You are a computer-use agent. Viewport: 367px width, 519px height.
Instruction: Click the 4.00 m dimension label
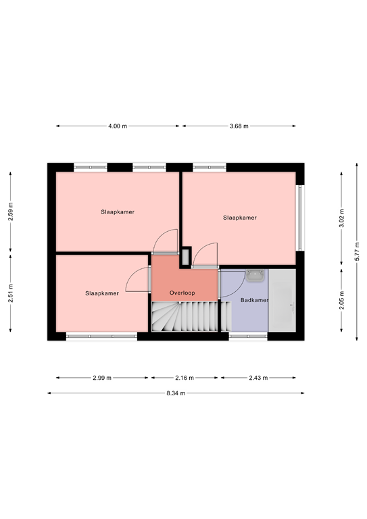[x=118, y=126]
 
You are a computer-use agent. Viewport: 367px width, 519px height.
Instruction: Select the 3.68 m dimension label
[x=239, y=126]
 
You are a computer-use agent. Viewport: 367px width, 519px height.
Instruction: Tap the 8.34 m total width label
[x=176, y=393]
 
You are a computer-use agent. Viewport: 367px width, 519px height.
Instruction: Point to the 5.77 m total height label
[x=357, y=251]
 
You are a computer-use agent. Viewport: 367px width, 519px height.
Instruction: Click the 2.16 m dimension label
[x=185, y=378]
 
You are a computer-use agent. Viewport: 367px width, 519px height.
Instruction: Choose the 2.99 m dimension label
[x=102, y=378]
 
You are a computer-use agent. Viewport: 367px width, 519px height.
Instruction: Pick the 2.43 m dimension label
[x=258, y=378]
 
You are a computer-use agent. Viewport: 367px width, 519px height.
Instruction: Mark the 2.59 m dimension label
[x=11, y=212]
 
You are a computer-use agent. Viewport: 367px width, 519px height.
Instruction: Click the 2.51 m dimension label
[x=11, y=293]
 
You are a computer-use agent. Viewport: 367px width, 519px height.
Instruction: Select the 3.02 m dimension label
[x=341, y=218]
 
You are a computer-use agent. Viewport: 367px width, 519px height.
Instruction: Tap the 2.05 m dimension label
[x=341, y=300]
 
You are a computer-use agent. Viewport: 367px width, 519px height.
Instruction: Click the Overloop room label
[x=182, y=293]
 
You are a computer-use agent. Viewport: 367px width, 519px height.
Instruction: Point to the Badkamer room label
[x=254, y=300]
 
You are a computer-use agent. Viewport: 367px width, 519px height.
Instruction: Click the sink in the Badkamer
[x=255, y=276]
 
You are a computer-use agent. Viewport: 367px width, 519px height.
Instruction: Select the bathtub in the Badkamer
[x=282, y=300]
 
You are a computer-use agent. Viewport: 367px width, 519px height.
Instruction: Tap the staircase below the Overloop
[x=191, y=316]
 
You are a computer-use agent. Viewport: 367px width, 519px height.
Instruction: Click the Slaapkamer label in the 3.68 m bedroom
[x=239, y=218]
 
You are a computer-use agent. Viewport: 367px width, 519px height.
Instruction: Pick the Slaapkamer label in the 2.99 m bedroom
[x=102, y=293]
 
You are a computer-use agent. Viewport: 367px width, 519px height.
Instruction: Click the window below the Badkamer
[x=248, y=336]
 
